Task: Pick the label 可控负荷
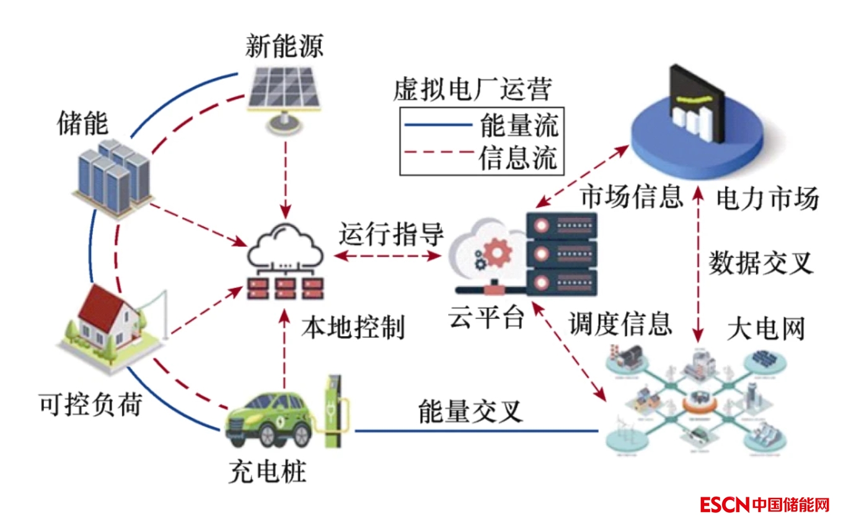click(90, 404)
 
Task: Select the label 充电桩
click(267, 473)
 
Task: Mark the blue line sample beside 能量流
click(438, 125)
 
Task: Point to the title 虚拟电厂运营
click(472, 91)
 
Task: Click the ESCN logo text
click(725, 505)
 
